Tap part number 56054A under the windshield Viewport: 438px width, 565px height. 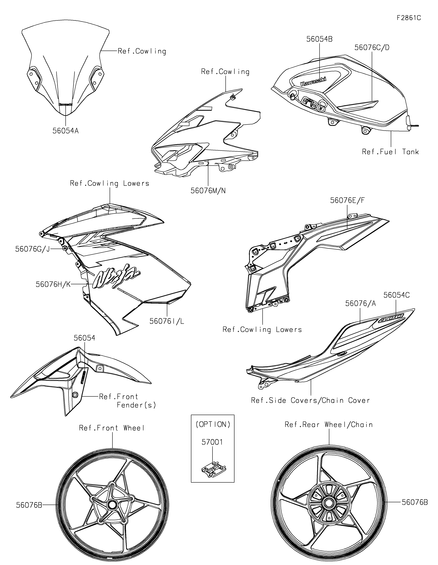[x=66, y=131]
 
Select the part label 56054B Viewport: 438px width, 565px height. [x=319, y=39]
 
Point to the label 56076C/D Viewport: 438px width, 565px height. [x=372, y=48]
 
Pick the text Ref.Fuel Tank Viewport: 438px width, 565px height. [x=390, y=152]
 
